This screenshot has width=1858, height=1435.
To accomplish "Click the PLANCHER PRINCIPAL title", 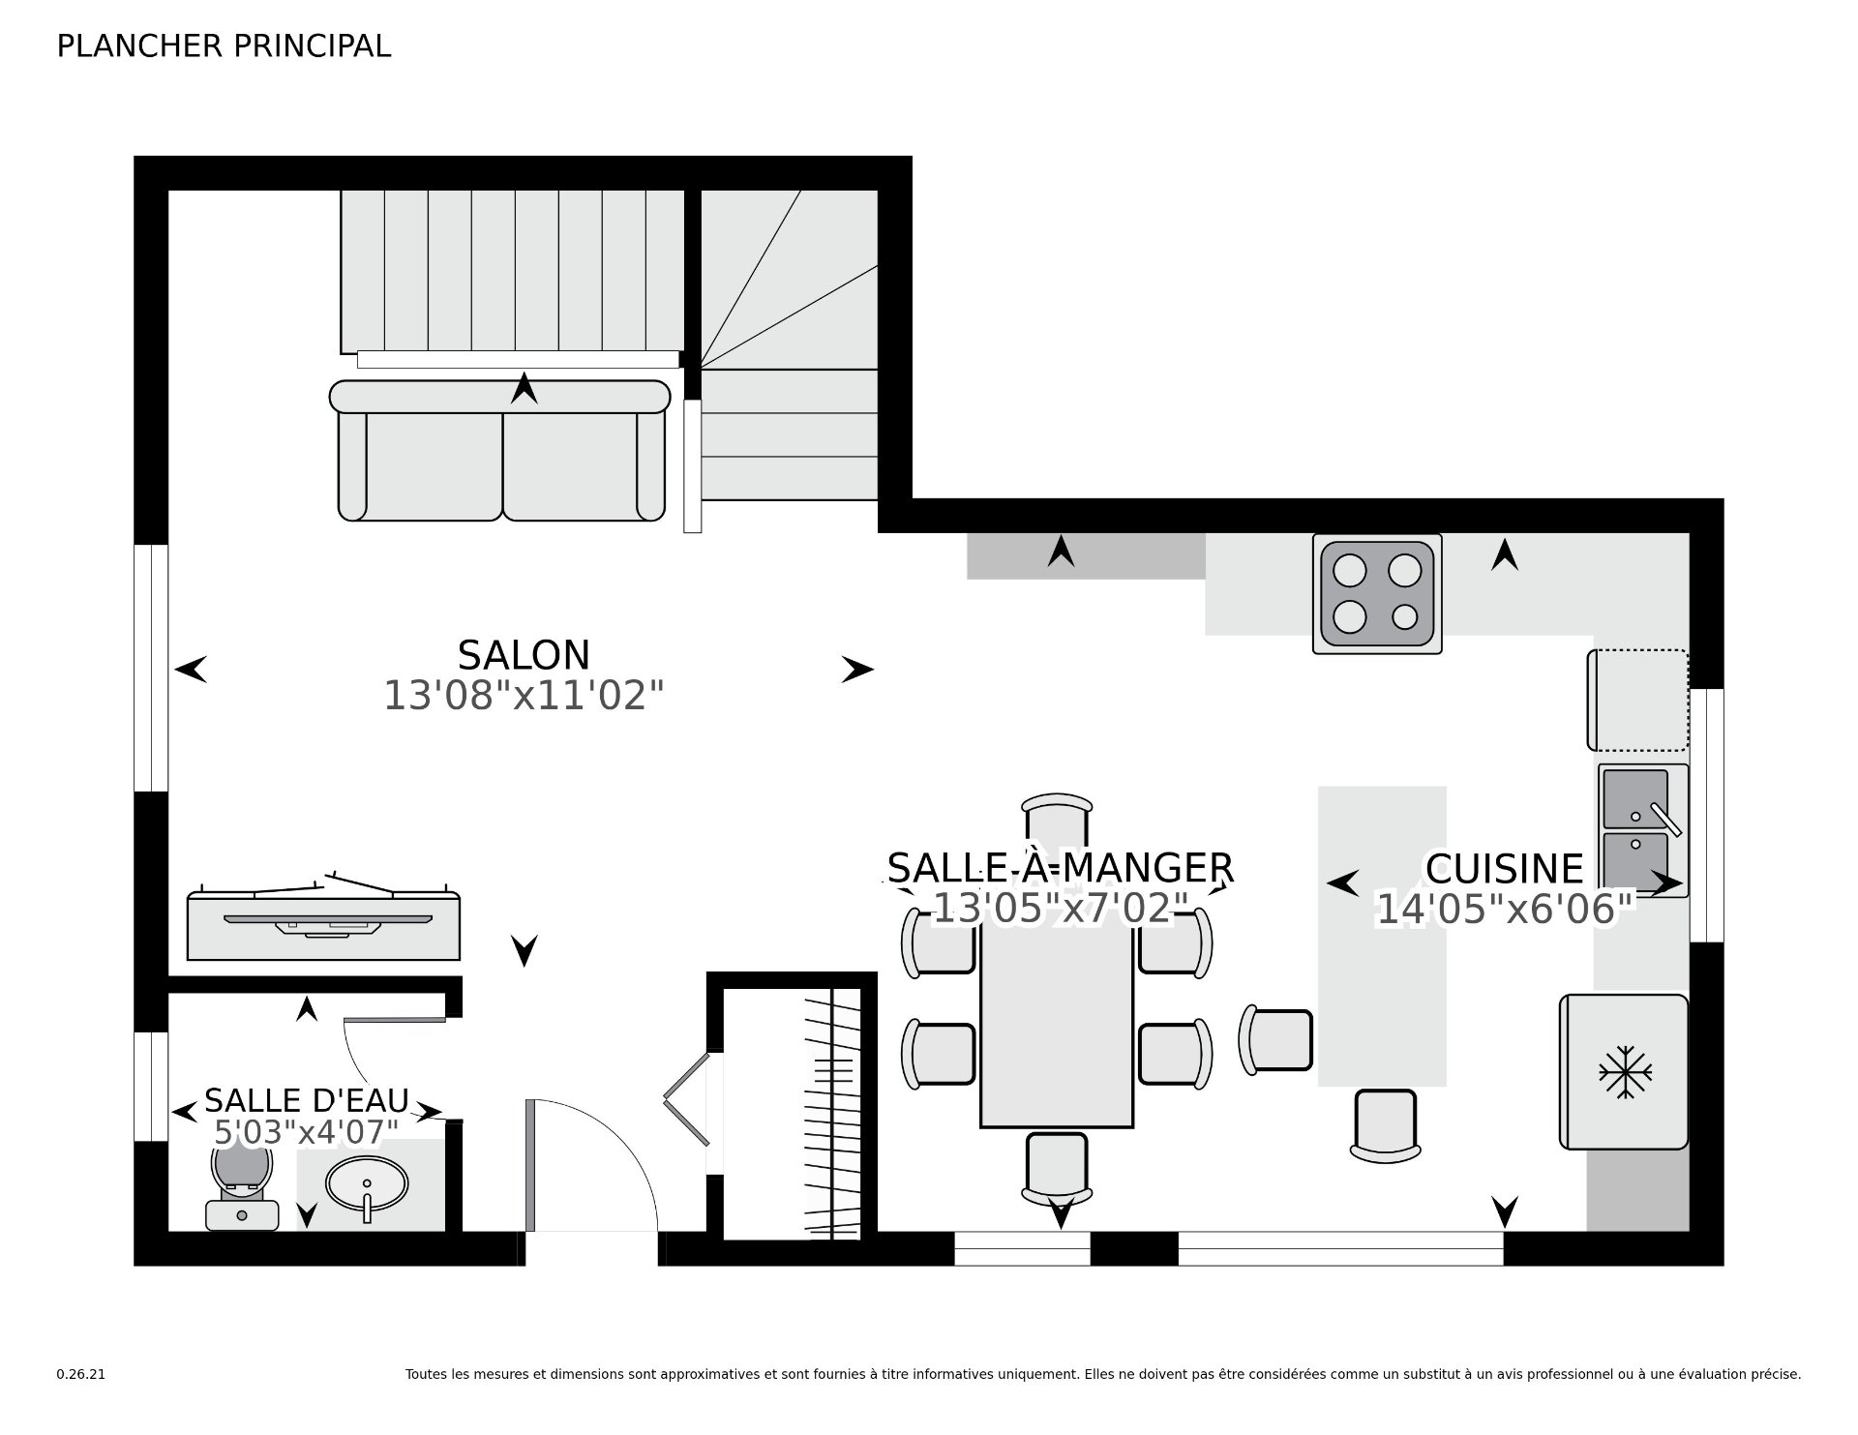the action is click(224, 46).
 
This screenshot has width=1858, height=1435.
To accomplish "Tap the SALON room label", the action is click(524, 655).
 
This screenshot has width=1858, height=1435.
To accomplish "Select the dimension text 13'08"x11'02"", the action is click(524, 696).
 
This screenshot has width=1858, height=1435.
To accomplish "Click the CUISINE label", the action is click(1504, 869).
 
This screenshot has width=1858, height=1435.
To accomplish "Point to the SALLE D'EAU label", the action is click(307, 1100).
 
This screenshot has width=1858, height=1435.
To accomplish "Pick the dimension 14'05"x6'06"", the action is click(1504, 910).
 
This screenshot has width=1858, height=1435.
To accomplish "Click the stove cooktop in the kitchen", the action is click(1377, 593).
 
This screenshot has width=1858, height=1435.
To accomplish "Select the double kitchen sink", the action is click(1642, 830).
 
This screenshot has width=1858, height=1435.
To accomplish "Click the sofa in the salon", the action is click(500, 451).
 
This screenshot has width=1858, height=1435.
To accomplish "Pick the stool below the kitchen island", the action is click(1386, 1125).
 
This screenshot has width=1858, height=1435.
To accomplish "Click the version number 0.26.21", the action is click(81, 1374).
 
